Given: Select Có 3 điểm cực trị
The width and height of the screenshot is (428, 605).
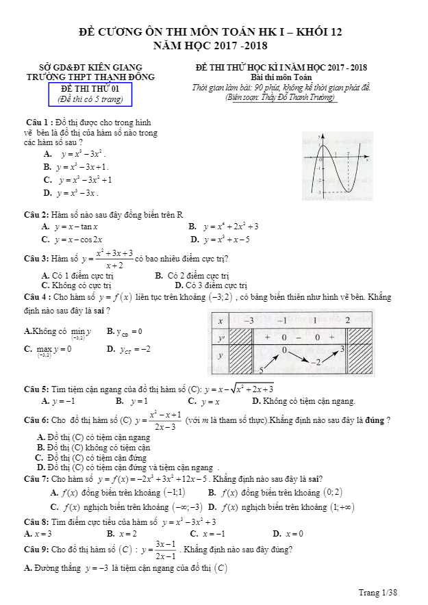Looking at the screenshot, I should pyautogui.click(x=211, y=285).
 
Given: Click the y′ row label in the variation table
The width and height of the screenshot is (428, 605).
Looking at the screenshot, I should pyautogui.click(x=221, y=337).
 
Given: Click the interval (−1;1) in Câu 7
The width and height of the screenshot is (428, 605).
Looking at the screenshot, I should pyautogui.click(x=173, y=492).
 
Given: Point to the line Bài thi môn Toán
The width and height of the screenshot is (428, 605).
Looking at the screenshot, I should pyautogui.click(x=281, y=77).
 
